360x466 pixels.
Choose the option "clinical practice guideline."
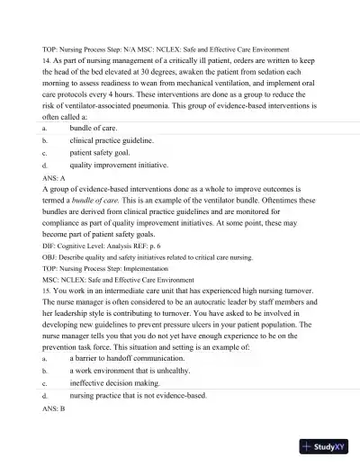(x=112, y=141)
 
